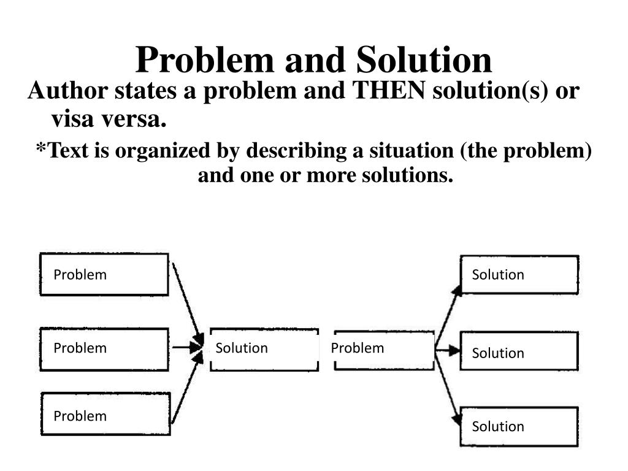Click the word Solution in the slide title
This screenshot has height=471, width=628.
click(424, 60)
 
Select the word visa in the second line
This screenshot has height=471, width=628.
click(73, 120)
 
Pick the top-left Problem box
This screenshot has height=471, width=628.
click(104, 274)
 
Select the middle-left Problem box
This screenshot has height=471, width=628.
click(104, 349)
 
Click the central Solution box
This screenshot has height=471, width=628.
click(264, 349)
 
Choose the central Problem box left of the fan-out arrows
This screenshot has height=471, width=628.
click(385, 349)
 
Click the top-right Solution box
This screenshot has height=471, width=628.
click(519, 275)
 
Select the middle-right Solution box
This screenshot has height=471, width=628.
click(519, 351)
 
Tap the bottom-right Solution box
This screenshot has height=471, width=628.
click(519, 426)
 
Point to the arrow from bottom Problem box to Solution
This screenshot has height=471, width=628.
click(186, 390)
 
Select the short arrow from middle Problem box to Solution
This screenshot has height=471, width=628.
click(186, 348)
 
